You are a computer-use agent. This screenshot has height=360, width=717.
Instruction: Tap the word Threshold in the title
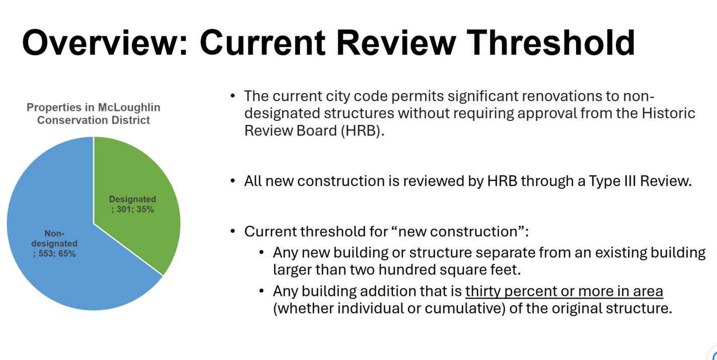pos(550,42)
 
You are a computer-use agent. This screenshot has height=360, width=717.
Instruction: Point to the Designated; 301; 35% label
pos(132,204)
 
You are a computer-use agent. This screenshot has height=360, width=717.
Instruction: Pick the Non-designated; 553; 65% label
pos(54,243)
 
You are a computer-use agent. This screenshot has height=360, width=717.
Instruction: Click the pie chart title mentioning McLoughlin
pos(94,114)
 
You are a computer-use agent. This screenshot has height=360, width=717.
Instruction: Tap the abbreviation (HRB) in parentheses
pos(362,131)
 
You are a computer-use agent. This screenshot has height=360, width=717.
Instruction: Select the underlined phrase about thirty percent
pos(564,291)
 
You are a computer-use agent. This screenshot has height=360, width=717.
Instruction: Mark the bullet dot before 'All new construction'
pos(232,181)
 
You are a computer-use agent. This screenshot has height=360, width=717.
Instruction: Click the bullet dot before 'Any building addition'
pos(262,291)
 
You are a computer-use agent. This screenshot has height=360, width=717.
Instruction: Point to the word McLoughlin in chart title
pos(129,108)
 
